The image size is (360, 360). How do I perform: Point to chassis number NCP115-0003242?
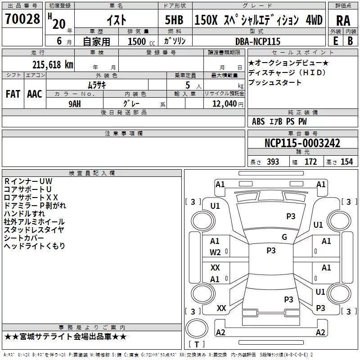click(x=302, y=144)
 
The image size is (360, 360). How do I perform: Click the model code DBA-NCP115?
click(x=258, y=41)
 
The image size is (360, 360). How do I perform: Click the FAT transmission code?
click(x=13, y=94)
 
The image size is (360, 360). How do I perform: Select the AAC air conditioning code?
click(x=35, y=94)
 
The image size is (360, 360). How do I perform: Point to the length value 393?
click(x=273, y=162)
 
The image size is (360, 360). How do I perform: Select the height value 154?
click(x=346, y=162)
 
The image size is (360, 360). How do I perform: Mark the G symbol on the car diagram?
click(x=284, y=237)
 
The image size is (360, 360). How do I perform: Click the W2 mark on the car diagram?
click(x=215, y=252)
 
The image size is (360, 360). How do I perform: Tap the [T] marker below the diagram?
click(x=196, y=345)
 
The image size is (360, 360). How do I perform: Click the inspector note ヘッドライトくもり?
click(x=35, y=246)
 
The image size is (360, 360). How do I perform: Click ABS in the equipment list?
click(x=258, y=121)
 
